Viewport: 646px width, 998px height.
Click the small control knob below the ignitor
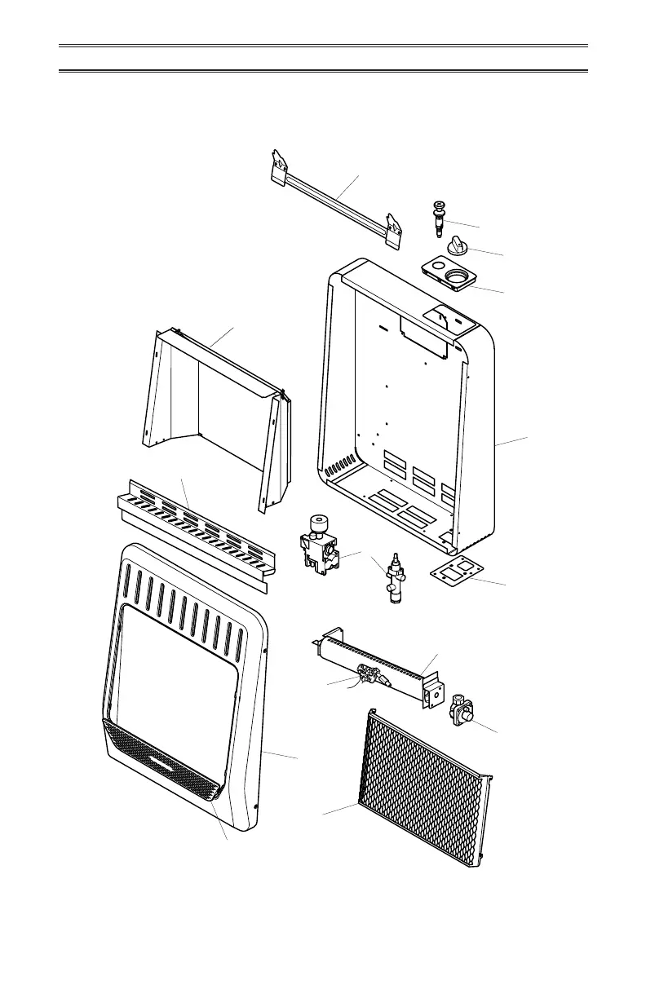[455, 244]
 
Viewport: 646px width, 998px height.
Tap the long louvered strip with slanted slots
[196, 530]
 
